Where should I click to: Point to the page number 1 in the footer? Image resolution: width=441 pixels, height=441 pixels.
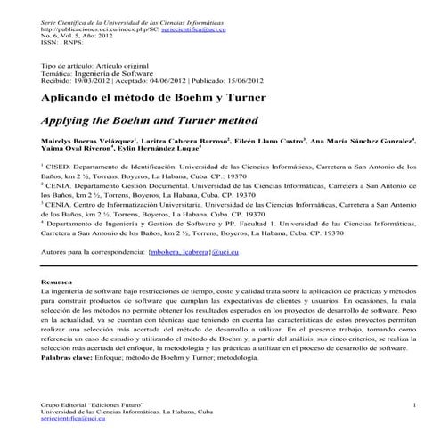pyautogui.click(x=414, y=405)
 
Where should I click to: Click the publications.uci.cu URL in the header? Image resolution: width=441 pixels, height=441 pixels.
pyautogui.click(x=96, y=29)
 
